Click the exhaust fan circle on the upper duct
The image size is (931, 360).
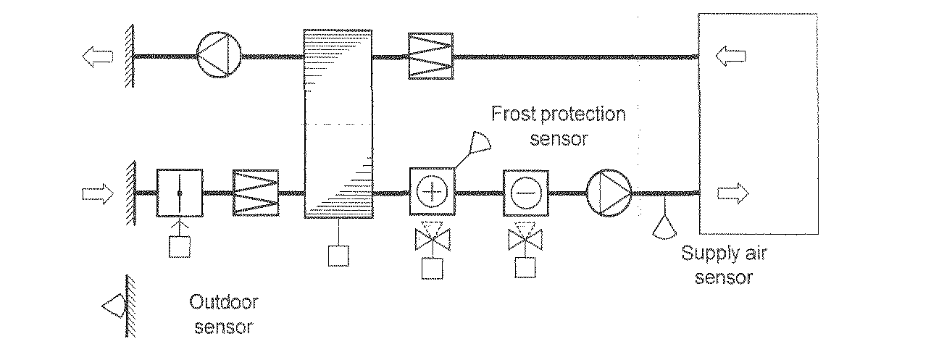(218, 55)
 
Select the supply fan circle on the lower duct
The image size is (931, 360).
(609, 193)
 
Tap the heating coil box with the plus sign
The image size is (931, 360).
(432, 193)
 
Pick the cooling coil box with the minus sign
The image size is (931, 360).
(525, 193)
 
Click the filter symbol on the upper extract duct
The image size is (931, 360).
(430, 55)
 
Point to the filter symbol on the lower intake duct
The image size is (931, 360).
(256, 193)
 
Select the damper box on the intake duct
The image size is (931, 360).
(179, 193)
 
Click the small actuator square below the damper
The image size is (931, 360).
(179, 247)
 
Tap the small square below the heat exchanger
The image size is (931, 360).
(338, 256)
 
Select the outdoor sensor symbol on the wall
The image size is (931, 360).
(114, 306)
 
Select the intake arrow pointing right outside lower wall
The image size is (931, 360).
(96, 193)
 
